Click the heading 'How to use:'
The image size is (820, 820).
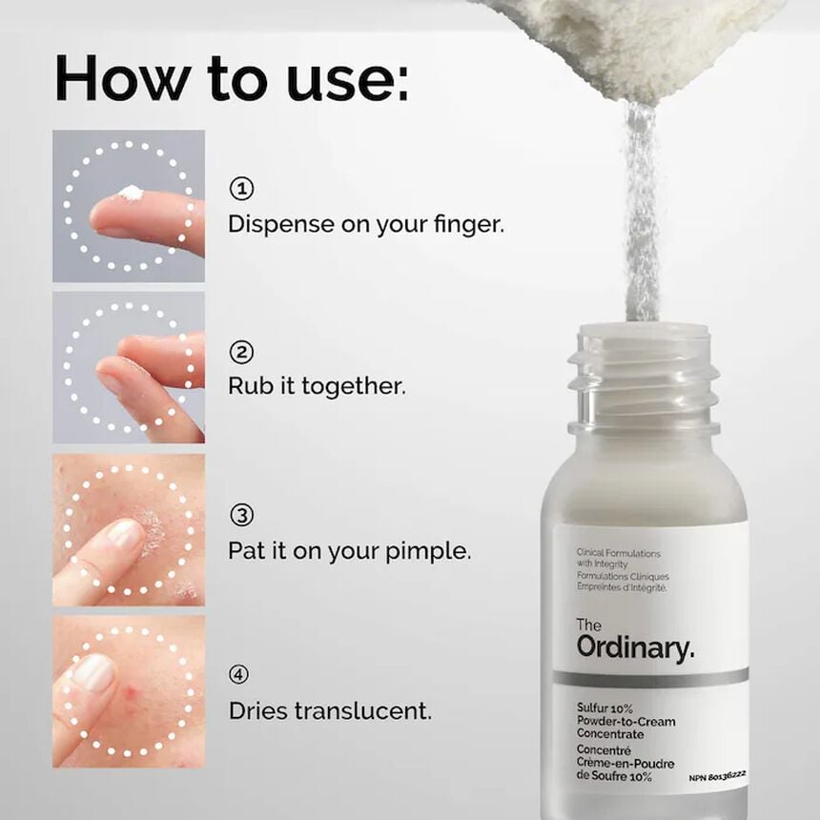tap(231, 78)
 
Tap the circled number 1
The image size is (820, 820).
tap(241, 189)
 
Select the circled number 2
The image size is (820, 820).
tap(241, 352)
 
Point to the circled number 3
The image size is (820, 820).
tap(241, 516)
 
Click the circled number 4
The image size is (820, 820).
tap(241, 675)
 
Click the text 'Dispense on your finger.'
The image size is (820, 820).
tap(365, 224)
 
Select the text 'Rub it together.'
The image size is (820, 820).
tap(317, 387)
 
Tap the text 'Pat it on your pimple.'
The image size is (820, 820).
tap(349, 551)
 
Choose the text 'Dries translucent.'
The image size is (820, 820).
tap(330, 710)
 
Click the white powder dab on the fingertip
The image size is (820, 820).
tap(130, 194)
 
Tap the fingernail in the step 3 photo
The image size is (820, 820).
tap(125, 533)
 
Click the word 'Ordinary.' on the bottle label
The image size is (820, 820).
tap(635, 648)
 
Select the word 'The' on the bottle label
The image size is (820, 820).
tap(589, 625)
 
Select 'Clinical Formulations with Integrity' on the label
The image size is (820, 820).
tap(618, 559)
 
